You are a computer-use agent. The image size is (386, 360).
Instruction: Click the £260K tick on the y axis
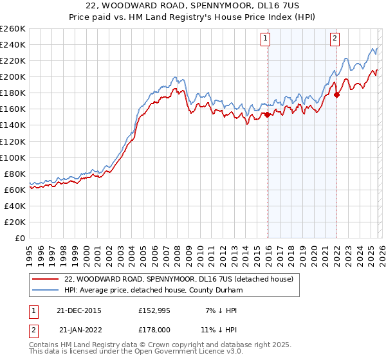13,29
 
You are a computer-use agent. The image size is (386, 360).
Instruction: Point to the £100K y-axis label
13,157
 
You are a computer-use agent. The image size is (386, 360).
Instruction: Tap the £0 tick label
19,238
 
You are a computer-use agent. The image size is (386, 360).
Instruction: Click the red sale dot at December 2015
267,115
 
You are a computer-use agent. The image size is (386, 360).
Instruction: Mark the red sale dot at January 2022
336,94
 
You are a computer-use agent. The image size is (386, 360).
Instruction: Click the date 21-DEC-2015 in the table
80,310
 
